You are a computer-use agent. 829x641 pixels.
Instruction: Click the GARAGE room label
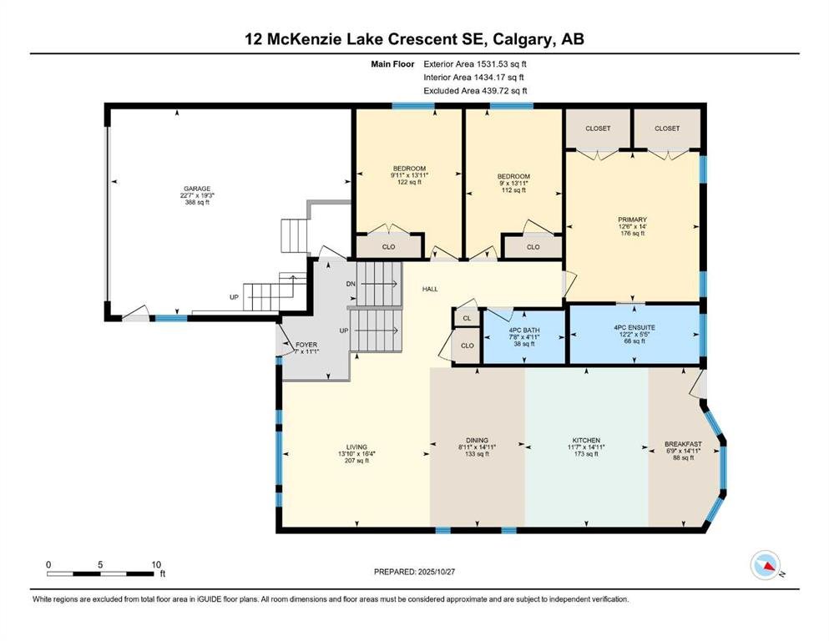point(197,189)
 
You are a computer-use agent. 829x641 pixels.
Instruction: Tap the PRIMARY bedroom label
point(632,220)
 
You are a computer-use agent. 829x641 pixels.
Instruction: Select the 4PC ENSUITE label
point(634,328)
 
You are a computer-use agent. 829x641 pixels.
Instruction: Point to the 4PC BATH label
point(524,331)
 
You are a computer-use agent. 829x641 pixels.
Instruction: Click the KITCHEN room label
point(586,440)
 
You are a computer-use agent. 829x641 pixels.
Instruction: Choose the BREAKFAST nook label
point(683,444)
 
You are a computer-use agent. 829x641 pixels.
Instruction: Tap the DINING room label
point(477,440)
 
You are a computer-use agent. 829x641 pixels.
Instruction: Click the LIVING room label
point(356,447)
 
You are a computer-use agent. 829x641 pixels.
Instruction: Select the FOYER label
point(306,345)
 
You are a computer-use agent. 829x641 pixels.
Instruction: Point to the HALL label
point(430,289)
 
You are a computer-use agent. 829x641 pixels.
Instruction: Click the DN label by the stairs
point(351,284)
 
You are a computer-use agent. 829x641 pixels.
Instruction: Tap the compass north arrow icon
point(766,565)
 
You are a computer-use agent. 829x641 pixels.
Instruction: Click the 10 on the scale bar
point(156,564)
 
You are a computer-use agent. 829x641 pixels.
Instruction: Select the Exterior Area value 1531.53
point(492,64)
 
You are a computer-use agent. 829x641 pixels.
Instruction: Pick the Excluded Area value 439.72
point(497,90)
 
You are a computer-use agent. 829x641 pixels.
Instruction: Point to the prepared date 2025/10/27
point(436,571)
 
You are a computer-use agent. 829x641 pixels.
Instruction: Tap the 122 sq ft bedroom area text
point(409,182)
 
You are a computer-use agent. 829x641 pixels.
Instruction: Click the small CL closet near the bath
point(467,318)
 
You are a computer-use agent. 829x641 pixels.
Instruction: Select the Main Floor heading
point(392,64)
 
